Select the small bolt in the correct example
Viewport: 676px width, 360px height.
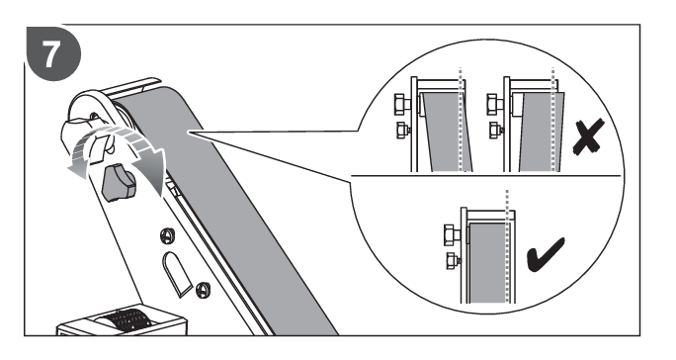(453, 260)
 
